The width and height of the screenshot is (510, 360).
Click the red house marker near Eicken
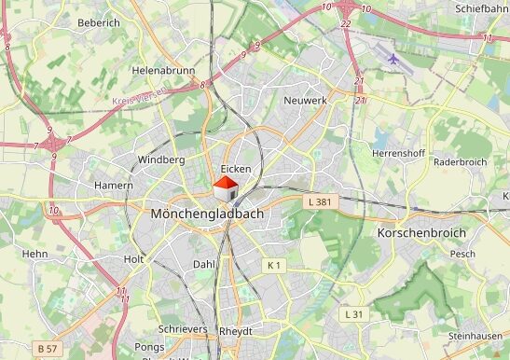pyautogui.click(x=226, y=187)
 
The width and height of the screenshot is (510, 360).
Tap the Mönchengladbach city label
pyautogui.click(x=207, y=214)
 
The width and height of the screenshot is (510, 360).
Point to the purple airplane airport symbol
pyautogui.click(x=393, y=60)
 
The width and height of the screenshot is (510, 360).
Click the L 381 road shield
pyautogui.click(x=319, y=201)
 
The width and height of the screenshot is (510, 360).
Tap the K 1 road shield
pyautogui.click(x=273, y=266)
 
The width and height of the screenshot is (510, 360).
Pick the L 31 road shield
pyautogui.click(x=352, y=314)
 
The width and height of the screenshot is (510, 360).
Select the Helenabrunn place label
pyautogui.click(x=162, y=70)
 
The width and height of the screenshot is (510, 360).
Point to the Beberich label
pyautogui.click(x=99, y=22)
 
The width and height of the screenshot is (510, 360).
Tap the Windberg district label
pyautogui.click(x=161, y=159)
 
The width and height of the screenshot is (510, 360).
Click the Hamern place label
pyautogui.click(x=113, y=186)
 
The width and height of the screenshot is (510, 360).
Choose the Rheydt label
pyautogui.click(x=235, y=331)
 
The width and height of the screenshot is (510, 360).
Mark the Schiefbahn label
pyautogui.click(x=482, y=8)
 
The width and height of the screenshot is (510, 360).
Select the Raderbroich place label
pyautogui.click(x=460, y=161)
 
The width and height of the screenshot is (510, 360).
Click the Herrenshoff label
pyautogui.click(x=398, y=152)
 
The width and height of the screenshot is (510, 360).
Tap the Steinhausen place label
pyautogui.click(x=474, y=336)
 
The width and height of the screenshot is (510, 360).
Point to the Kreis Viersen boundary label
pyautogui.click(x=139, y=96)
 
